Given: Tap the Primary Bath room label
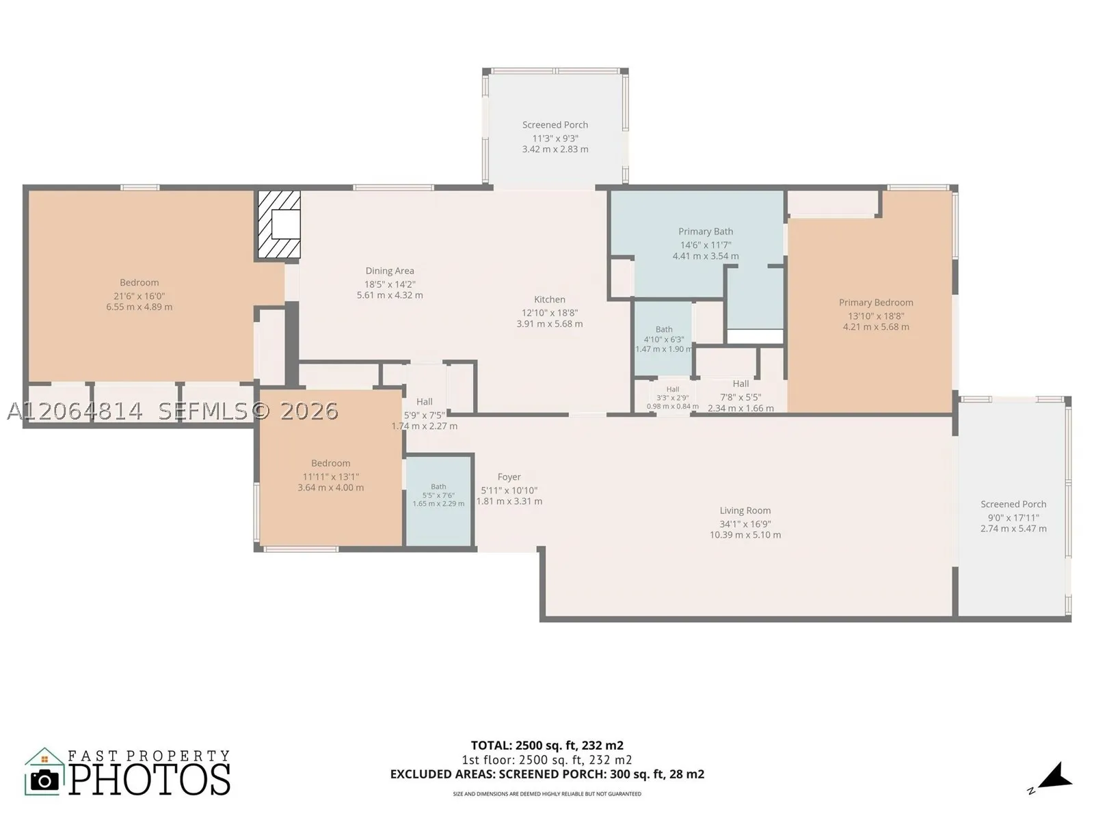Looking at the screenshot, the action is point(705,232).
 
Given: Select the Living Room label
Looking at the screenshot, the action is point(745,510).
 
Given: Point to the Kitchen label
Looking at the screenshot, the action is point(549,299).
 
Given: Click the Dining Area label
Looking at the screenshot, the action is point(390,271).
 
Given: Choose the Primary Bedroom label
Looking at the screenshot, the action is point(876,302).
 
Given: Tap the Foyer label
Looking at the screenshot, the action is point(509,477).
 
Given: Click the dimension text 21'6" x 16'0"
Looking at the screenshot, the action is point(139,295).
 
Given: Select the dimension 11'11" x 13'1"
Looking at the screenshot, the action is point(330,476).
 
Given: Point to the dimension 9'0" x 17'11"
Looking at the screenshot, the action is point(1013,517).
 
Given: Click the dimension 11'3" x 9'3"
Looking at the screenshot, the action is point(555,138).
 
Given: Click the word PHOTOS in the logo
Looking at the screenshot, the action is point(150,780).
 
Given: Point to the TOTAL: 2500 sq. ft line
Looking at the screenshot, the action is point(547,746).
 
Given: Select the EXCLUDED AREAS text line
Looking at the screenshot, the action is point(547,774).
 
